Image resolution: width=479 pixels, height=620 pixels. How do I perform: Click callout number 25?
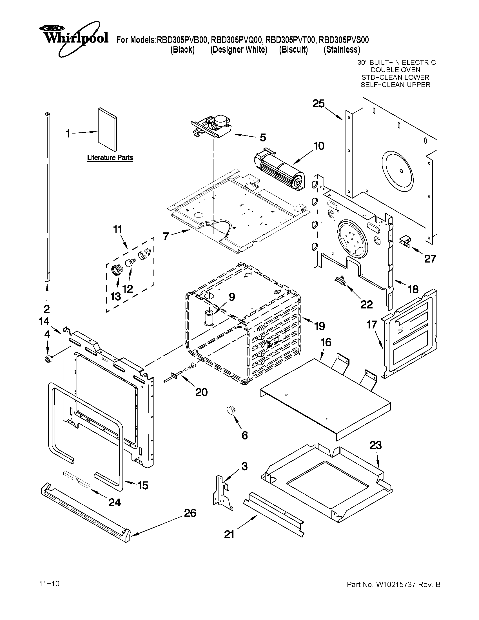pos(318,104)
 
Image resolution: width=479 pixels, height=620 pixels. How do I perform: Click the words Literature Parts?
pos(110,157)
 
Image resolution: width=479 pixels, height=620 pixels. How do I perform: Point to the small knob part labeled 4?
pos(47,359)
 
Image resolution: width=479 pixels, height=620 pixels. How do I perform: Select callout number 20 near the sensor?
pos(201,392)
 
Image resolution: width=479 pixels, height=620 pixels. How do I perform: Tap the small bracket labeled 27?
pos(405,241)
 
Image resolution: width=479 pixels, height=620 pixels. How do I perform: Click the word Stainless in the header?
pos(342,50)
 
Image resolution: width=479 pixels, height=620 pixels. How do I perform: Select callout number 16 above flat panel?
pos(326,342)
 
